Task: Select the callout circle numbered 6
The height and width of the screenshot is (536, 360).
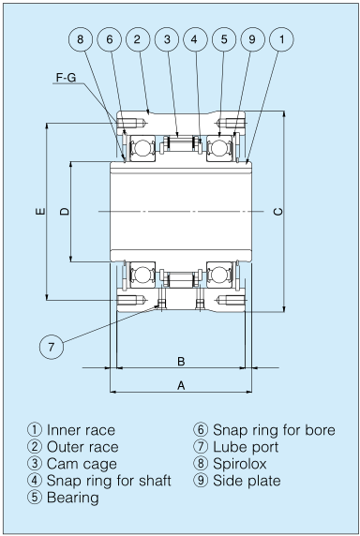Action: [110, 39]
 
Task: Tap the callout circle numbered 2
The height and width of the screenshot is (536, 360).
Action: [137, 39]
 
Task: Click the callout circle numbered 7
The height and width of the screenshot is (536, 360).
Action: [52, 346]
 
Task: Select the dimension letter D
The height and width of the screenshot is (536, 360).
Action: [64, 213]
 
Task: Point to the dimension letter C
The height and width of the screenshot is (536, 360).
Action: [278, 213]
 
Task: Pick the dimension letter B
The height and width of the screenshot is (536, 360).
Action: [180, 361]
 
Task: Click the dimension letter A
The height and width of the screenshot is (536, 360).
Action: [180, 384]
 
